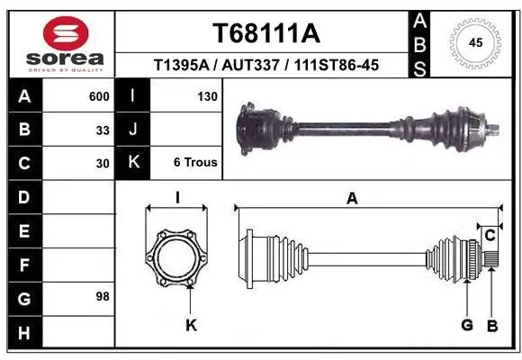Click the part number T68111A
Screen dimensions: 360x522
pyautogui.click(x=265, y=33)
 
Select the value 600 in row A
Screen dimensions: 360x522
pyautogui.click(x=99, y=95)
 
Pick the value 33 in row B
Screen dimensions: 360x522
pyautogui.click(x=103, y=130)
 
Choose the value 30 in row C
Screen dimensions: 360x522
pyautogui.click(x=103, y=164)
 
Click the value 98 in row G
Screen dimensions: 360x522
pyautogui.click(x=103, y=296)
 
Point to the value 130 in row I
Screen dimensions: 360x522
pyautogui.click(x=207, y=95)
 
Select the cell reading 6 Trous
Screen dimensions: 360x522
pyautogui.click(x=195, y=163)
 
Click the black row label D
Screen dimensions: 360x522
pyautogui.click(x=23, y=197)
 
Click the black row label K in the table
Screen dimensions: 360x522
pyautogui.click(x=133, y=163)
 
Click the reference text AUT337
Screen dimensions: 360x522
pyautogui.click(x=253, y=66)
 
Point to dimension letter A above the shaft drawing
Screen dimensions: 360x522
pyautogui.click(x=352, y=198)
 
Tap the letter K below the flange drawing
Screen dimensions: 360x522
pyautogui.click(x=191, y=325)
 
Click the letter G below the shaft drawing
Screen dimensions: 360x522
pyautogui.click(x=467, y=325)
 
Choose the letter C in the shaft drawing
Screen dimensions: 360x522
pyautogui.click(x=490, y=235)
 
